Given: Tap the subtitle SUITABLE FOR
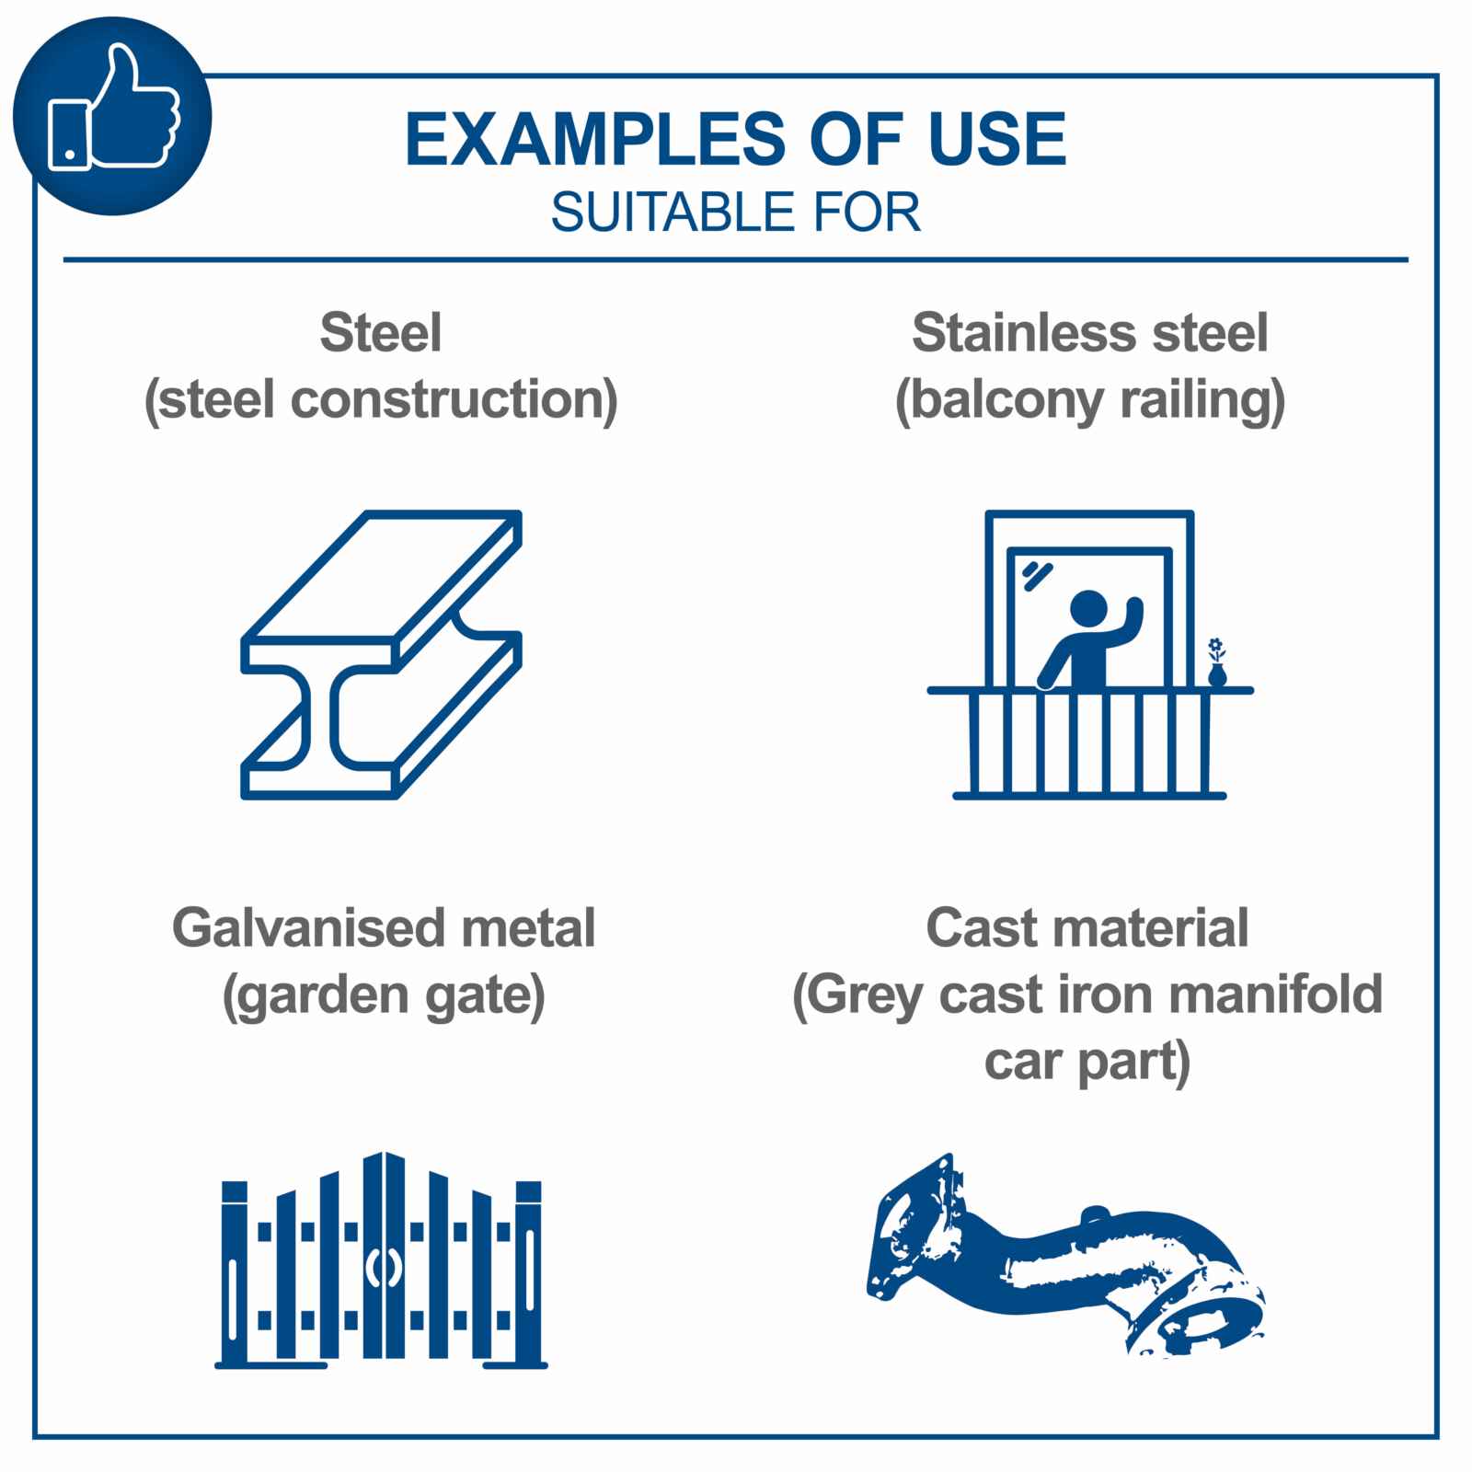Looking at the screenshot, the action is coord(735,213).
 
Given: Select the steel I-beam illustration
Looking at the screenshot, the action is coord(382,654).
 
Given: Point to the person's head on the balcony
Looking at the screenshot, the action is coord(1090,610).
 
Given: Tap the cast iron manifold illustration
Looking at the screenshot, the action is coord(1065,1255).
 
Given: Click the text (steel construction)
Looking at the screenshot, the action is coord(381,400).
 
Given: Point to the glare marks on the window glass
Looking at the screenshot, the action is coord(1037,574).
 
